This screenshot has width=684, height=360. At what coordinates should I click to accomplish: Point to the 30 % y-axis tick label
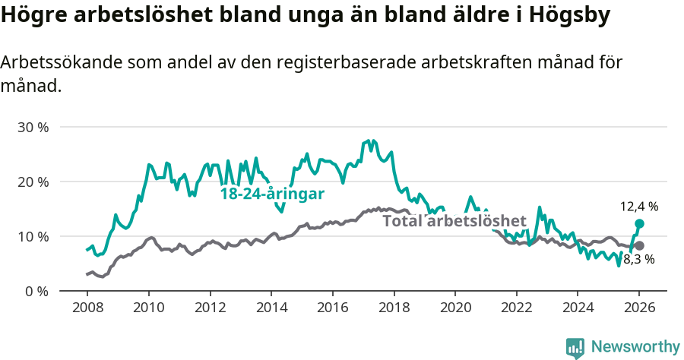click(33, 127)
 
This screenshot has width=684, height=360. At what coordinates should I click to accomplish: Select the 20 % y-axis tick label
click(33, 182)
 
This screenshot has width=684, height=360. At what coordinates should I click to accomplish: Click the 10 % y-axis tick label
click(33, 236)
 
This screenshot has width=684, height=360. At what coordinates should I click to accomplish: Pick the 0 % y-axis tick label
click(36, 291)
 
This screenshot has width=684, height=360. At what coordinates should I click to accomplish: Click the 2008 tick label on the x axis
click(87, 308)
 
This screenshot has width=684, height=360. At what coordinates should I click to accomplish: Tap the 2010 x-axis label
click(148, 308)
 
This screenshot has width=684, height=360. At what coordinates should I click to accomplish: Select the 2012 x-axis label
click(210, 308)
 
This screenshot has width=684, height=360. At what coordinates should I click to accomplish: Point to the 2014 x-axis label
click(271, 308)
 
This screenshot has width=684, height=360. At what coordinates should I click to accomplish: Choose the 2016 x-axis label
click(332, 308)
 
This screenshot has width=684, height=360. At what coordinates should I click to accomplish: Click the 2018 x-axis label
click(394, 308)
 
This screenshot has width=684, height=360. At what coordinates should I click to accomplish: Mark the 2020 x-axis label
click(454, 308)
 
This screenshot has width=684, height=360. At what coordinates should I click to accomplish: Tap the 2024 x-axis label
click(578, 308)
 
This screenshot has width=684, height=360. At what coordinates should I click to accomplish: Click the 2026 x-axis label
click(639, 308)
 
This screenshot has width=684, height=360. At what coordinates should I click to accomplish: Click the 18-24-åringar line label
click(272, 194)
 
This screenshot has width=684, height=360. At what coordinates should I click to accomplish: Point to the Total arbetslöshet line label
click(454, 221)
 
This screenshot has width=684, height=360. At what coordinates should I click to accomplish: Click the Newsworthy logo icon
click(575, 347)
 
